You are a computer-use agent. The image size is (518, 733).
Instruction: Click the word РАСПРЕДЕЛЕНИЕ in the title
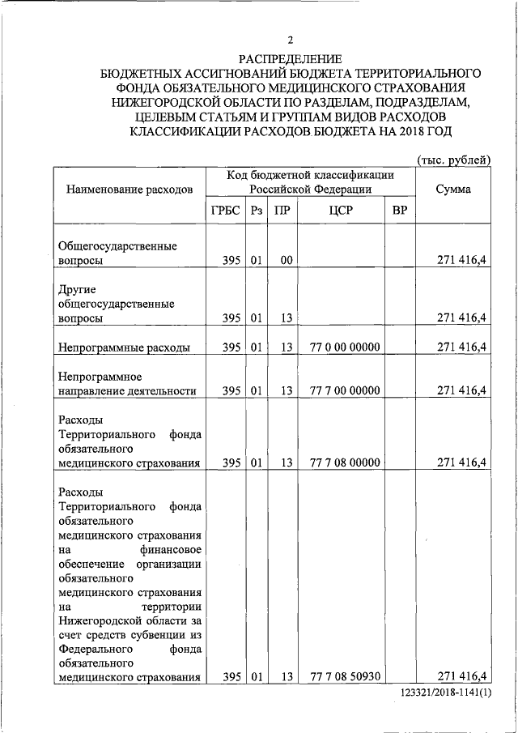[291, 58]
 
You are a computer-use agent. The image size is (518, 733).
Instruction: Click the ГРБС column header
[226, 211]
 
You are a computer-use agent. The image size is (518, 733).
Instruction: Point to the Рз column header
[257, 211]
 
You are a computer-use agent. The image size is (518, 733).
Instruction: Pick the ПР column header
[282, 211]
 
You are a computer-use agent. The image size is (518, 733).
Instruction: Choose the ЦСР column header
[340, 211]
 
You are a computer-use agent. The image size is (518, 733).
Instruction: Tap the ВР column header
[399, 211]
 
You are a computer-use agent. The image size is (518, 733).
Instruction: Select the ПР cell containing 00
[286, 261]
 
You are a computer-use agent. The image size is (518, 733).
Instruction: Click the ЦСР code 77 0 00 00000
[345, 347]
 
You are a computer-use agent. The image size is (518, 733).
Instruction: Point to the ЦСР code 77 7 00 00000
[345, 390]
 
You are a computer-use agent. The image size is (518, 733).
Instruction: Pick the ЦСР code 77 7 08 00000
[345, 462]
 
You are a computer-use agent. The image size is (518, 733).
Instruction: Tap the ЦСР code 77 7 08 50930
[345, 676]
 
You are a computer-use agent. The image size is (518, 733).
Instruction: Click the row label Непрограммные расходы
[125, 347]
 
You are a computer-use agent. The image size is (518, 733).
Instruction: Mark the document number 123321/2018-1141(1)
[446, 695]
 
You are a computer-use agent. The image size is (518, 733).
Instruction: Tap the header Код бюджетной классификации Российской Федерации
[311, 181]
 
